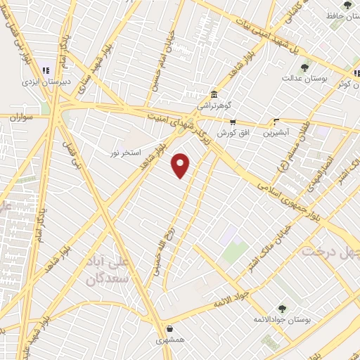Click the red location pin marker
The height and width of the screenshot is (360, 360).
pyautogui.click(x=181, y=165)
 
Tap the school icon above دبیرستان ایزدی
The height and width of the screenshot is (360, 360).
pyautogui.click(x=46, y=70)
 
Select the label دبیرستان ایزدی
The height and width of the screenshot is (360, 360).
pyautogui.click(x=44, y=80)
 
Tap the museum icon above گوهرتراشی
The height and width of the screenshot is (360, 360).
pyautogui.click(x=214, y=95)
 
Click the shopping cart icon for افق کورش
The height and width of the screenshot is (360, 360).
pyautogui.click(x=232, y=122)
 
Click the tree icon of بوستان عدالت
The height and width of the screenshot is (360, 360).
pyautogui.click(x=304, y=67)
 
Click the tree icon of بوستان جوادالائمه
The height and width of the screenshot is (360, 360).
pyautogui.click(x=282, y=309)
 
